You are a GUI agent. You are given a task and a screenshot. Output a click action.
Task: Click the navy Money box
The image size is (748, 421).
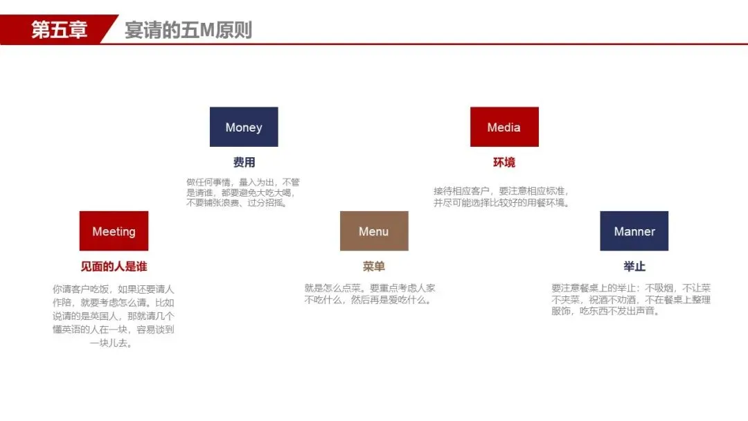pyautogui.click(x=244, y=127)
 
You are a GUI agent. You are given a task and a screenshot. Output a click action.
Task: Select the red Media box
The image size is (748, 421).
pyautogui.click(x=504, y=127)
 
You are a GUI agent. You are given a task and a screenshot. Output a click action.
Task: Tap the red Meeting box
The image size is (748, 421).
pyautogui.click(x=114, y=231)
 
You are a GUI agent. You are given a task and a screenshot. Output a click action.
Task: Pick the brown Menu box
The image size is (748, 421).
pyautogui.click(x=374, y=231)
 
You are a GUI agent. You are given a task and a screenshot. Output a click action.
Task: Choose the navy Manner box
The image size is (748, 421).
pyautogui.click(x=634, y=231)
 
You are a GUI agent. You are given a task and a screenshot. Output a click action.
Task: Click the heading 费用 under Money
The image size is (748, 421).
pyautogui.click(x=244, y=163)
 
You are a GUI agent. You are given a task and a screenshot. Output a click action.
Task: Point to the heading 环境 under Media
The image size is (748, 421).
pyautogui.click(x=504, y=163)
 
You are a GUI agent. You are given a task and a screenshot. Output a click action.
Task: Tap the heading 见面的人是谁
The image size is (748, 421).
pyautogui.click(x=114, y=267)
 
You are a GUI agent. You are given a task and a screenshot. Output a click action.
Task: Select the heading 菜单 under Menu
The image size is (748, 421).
pyautogui.click(x=374, y=267)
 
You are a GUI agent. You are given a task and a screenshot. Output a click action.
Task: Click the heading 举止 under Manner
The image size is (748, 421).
pyautogui.click(x=634, y=267)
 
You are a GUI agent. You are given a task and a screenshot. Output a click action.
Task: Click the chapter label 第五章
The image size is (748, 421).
pyautogui.click(x=59, y=30)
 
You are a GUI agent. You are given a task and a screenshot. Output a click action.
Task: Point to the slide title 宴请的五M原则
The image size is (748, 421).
pyautogui.click(x=188, y=30)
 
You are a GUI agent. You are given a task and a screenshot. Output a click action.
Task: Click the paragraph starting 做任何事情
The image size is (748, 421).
pyautogui.click(x=243, y=192)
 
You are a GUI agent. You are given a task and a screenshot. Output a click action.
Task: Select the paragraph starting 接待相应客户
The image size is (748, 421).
pyautogui.click(x=504, y=197)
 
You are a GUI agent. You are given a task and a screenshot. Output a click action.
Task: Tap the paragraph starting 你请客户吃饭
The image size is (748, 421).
pyautogui.click(x=114, y=316)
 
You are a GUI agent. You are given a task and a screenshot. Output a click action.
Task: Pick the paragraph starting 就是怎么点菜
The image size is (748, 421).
pyautogui.click(x=370, y=294)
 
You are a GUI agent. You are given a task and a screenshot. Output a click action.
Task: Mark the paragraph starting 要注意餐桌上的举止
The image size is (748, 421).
pyautogui.click(x=631, y=299)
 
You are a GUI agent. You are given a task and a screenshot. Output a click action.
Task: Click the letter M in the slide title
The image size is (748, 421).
pyautogui.click(x=209, y=30)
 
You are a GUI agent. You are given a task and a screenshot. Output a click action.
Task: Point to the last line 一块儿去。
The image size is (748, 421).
pyautogui.click(x=112, y=343)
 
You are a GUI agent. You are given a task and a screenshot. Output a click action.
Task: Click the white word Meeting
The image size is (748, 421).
pyautogui.click(x=114, y=231)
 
